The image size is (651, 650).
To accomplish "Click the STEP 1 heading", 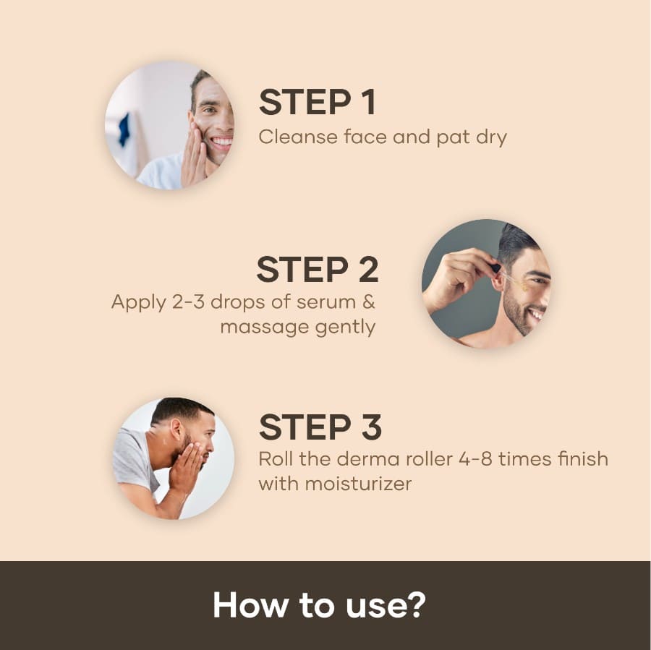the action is tap(318, 102).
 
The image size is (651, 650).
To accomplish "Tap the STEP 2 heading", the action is tap(318, 270).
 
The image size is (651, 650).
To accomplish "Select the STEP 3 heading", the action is tap(320, 427).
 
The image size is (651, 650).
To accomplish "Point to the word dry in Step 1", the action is tap(492, 138).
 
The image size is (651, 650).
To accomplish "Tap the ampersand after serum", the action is tap(369, 302).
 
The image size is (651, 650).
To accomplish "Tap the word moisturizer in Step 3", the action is tap(358, 484).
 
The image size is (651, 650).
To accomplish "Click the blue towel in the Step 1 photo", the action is tap(124, 130).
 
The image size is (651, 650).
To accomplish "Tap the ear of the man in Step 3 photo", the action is tap(177, 430).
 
